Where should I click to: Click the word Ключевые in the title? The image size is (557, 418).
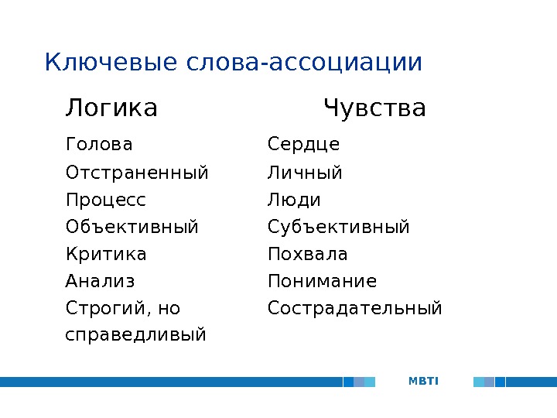click(112, 62)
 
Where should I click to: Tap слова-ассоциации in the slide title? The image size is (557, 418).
click(305, 62)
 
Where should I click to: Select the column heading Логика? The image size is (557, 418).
click(111, 108)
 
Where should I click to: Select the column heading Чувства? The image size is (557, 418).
click(374, 108)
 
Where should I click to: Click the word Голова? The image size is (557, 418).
click(100, 145)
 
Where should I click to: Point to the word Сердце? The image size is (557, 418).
click(303, 145)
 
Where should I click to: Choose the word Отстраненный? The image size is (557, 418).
click(138, 172)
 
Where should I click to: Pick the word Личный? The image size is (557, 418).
click(305, 172)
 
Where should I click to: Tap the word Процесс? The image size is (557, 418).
click(106, 200)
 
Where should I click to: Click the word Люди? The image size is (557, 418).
click(294, 200)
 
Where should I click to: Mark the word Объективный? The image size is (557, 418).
click(132, 227)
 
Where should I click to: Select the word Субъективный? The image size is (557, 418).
click(339, 227)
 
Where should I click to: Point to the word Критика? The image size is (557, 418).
click(107, 254)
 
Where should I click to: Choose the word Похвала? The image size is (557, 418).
click(308, 254)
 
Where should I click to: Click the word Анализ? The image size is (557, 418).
click(101, 281)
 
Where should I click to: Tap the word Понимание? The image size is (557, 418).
click(322, 281)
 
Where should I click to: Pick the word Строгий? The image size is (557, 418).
click(104, 309)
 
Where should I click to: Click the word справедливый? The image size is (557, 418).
click(136, 335)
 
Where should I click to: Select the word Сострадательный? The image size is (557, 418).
click(355, 309)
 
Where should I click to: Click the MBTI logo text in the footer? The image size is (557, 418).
click(423, 381)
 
